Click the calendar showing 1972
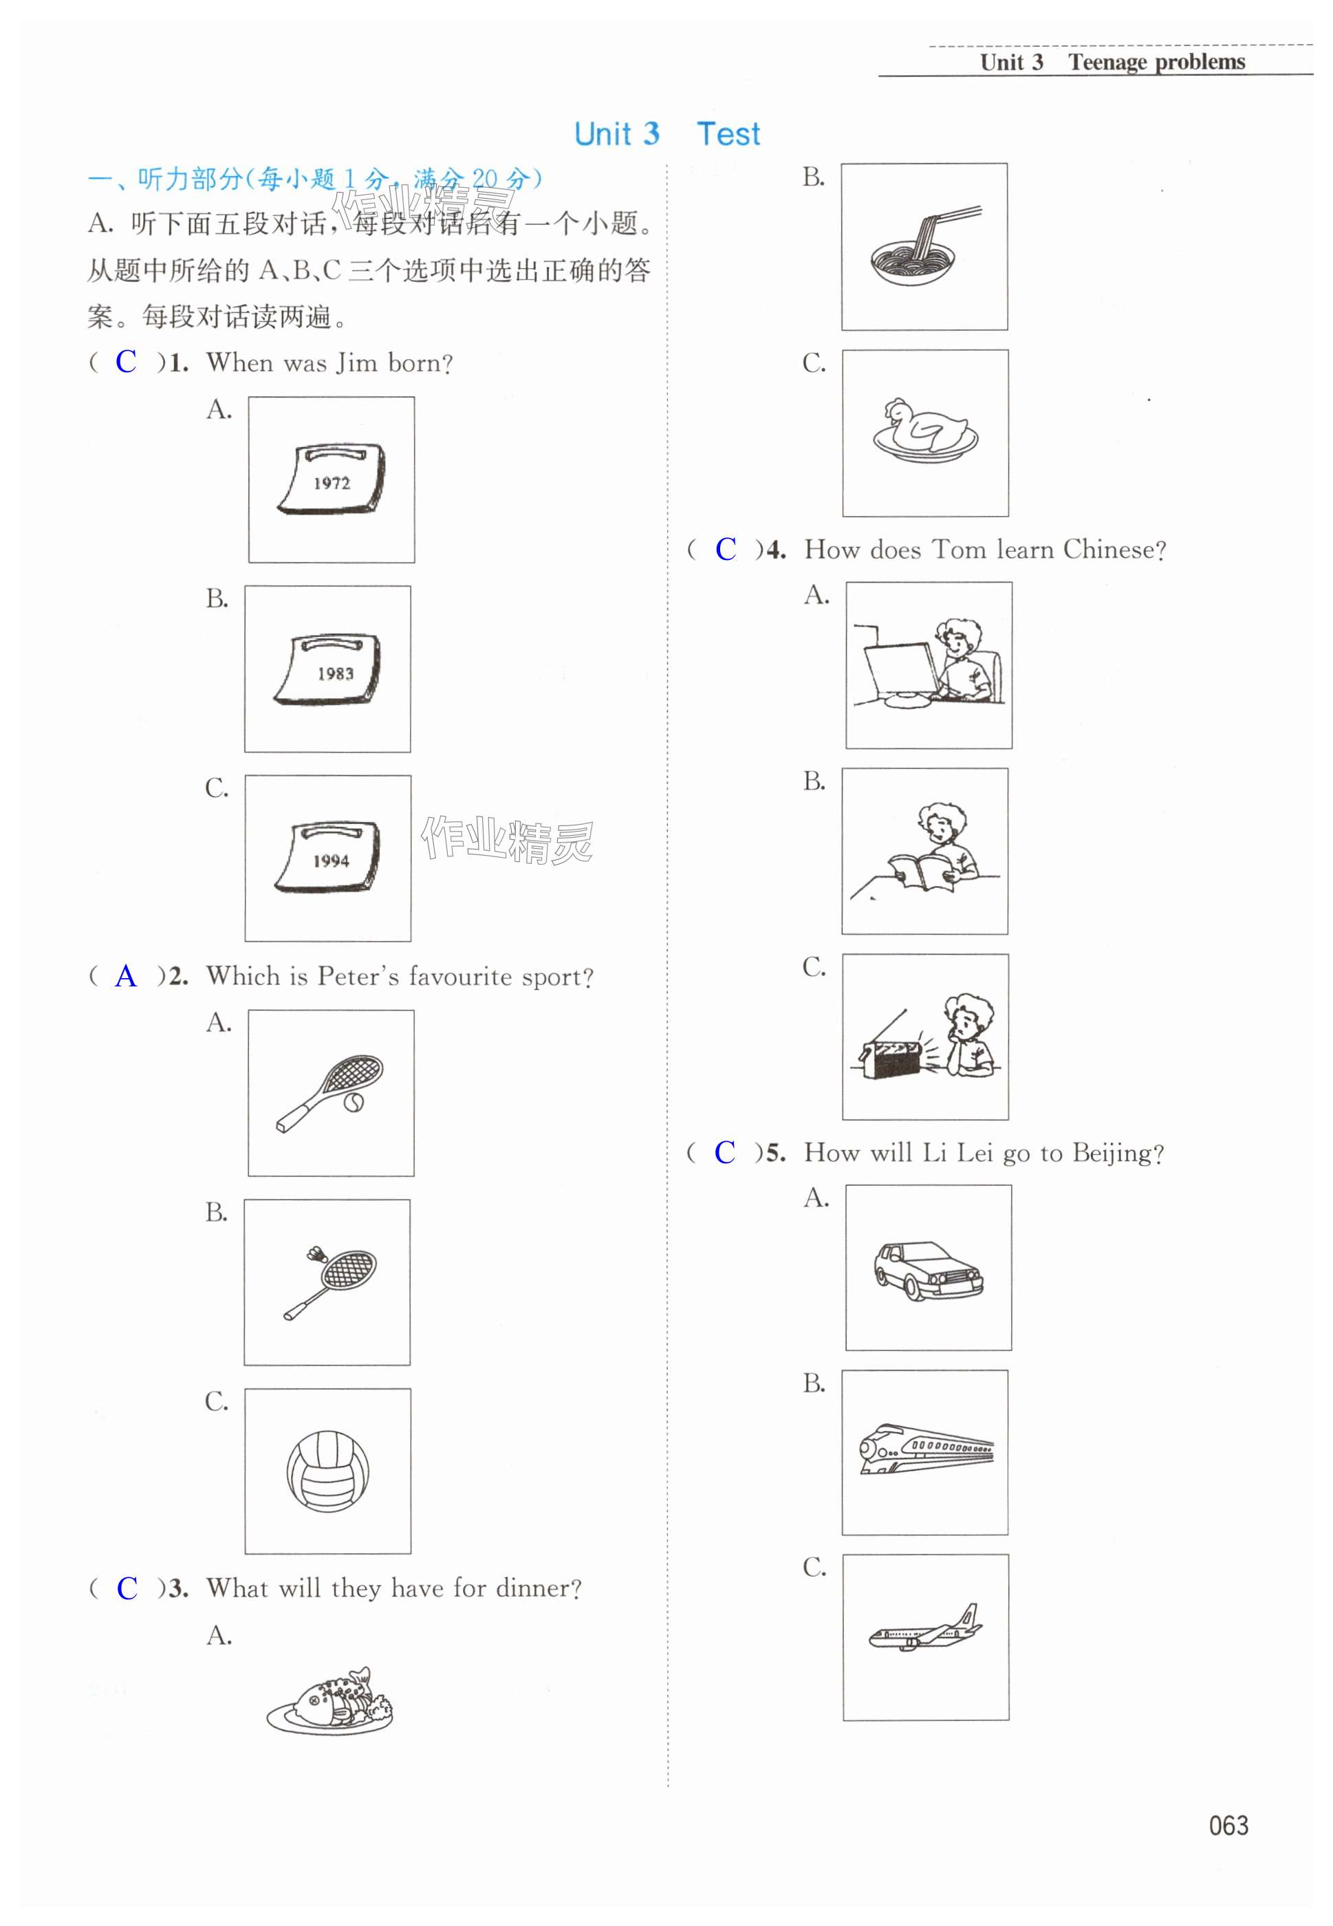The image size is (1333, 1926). [331, 480]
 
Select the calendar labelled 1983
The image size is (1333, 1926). [327, 669]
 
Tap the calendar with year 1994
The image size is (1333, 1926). [327, 858]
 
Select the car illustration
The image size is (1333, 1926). [928, 1271]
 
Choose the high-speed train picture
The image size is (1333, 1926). [925, 1451]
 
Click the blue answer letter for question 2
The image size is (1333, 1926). [126, 975]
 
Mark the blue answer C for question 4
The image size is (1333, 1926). [725, 549]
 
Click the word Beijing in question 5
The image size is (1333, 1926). [1118, 1154]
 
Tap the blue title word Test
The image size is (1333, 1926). [728, 134]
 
